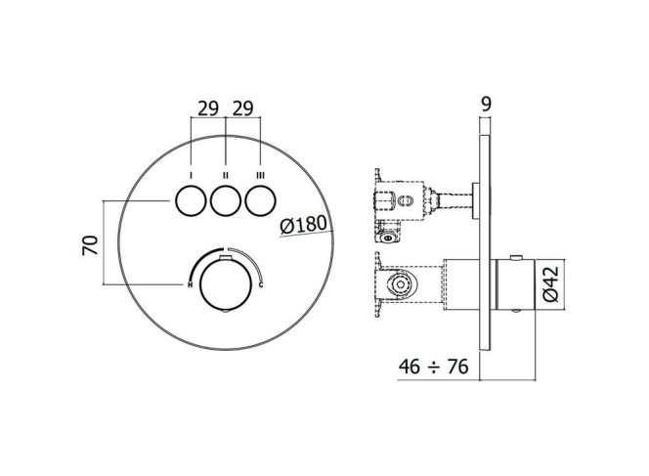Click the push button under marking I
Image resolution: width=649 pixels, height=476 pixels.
tap(191, 200)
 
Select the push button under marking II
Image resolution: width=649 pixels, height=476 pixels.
tap(226, 200)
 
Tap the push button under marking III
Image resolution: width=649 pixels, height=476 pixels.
tap(260, 200)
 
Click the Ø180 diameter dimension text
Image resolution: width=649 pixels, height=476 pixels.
tap(303, 225)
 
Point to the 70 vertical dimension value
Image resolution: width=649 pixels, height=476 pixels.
tap(90, 245)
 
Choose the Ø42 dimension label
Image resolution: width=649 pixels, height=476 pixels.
tap(550, 284)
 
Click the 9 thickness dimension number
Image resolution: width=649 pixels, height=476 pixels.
tap(487, 105)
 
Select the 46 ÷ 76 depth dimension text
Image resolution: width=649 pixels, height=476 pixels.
tap(433, 367)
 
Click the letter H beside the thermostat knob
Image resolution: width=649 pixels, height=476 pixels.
tap(190, 284)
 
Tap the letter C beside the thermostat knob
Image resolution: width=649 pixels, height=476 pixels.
tap(261, 284)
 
